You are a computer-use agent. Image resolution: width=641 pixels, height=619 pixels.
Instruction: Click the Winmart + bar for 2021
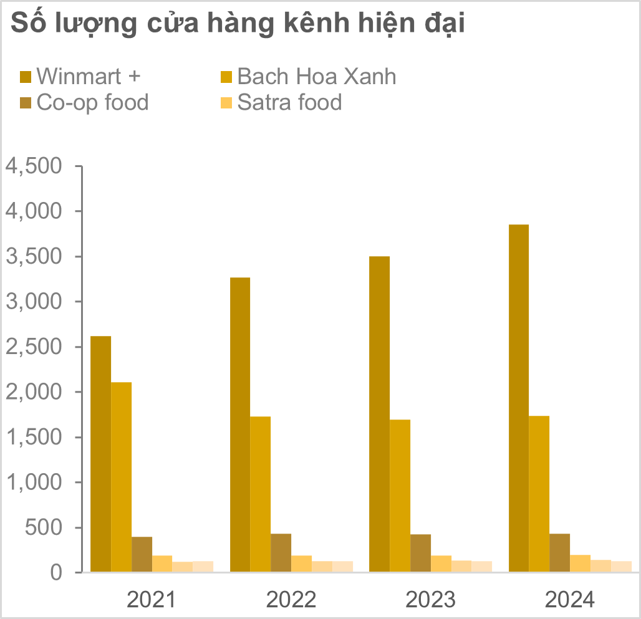coord(101,454)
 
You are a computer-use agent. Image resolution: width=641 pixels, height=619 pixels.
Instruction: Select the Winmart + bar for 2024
coord(519,398)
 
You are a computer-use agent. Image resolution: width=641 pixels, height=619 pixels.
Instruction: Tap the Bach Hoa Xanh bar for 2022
coord(261,494)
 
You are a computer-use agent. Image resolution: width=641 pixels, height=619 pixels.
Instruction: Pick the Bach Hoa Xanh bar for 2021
coord(121,477)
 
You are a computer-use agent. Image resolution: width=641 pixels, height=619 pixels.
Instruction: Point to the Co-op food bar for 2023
coord(420,553)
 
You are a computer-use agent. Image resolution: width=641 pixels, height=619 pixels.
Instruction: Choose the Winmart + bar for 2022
coord(240,425)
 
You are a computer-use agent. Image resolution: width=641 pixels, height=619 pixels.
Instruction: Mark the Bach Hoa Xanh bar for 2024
coord(539,494)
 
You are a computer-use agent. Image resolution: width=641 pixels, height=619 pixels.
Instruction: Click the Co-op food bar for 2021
coord(142,554)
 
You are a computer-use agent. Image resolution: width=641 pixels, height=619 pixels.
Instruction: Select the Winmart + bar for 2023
coord(379,414)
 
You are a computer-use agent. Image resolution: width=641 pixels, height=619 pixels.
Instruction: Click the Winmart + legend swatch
coord(26,77)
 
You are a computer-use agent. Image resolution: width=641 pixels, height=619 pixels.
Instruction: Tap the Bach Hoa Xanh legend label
coord(316,77)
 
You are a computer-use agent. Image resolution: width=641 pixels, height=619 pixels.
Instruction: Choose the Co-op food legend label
coord(92,102)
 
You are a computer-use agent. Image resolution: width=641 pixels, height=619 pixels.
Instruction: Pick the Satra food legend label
coord(289,102)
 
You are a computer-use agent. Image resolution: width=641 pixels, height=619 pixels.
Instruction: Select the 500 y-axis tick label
coord(42,527)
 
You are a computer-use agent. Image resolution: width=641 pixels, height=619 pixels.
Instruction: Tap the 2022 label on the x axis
coord(291,600)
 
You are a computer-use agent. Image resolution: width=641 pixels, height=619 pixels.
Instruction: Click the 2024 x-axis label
coord(570,600)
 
